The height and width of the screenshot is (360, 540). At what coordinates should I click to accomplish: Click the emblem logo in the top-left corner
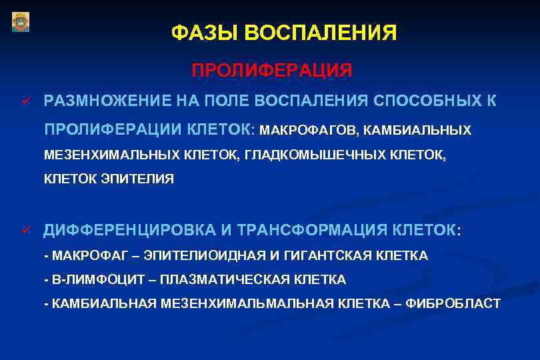pos(21,22)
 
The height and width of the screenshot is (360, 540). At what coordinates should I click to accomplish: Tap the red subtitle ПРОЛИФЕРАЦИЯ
pos(272,70)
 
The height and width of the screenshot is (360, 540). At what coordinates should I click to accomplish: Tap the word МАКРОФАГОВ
pos(310,130)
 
